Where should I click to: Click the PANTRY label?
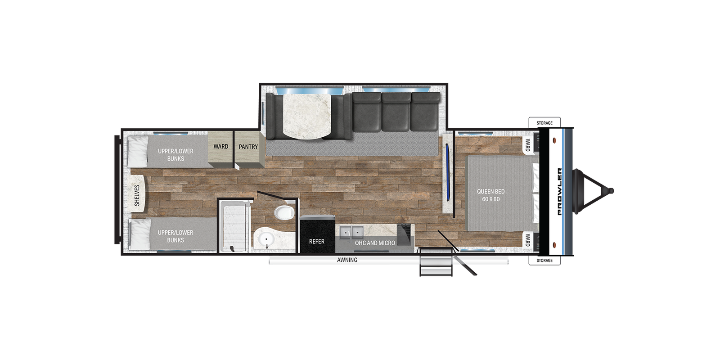coord(248,147)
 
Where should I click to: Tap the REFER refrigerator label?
coord(317,241)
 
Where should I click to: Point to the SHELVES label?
coord(137,195)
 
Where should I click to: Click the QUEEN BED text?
coord(490,191)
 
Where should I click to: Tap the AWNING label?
coord(347,260)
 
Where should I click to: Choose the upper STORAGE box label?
coord(544,123)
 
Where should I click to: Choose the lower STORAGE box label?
coord(544,261)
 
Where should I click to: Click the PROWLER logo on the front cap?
coord(560,192)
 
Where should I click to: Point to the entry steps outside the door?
coord(436,262)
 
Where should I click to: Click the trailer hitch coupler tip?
coord(611,191)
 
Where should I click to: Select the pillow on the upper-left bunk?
coord(138,151)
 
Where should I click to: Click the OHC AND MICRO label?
coord(375,243)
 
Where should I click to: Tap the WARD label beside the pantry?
coord(221,147)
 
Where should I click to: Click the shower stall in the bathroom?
coord(235,227)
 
